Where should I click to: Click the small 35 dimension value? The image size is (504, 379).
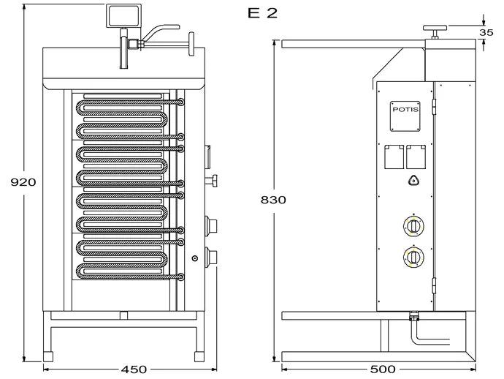click(x=486, y=32)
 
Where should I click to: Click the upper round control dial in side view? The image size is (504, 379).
click(x=413, y=225)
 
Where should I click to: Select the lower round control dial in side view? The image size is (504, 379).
click(x=413, y=257)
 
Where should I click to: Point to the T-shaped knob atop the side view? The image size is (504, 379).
click(x=435, y=30)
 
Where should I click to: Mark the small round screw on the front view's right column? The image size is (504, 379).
click(x=195, y=258)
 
